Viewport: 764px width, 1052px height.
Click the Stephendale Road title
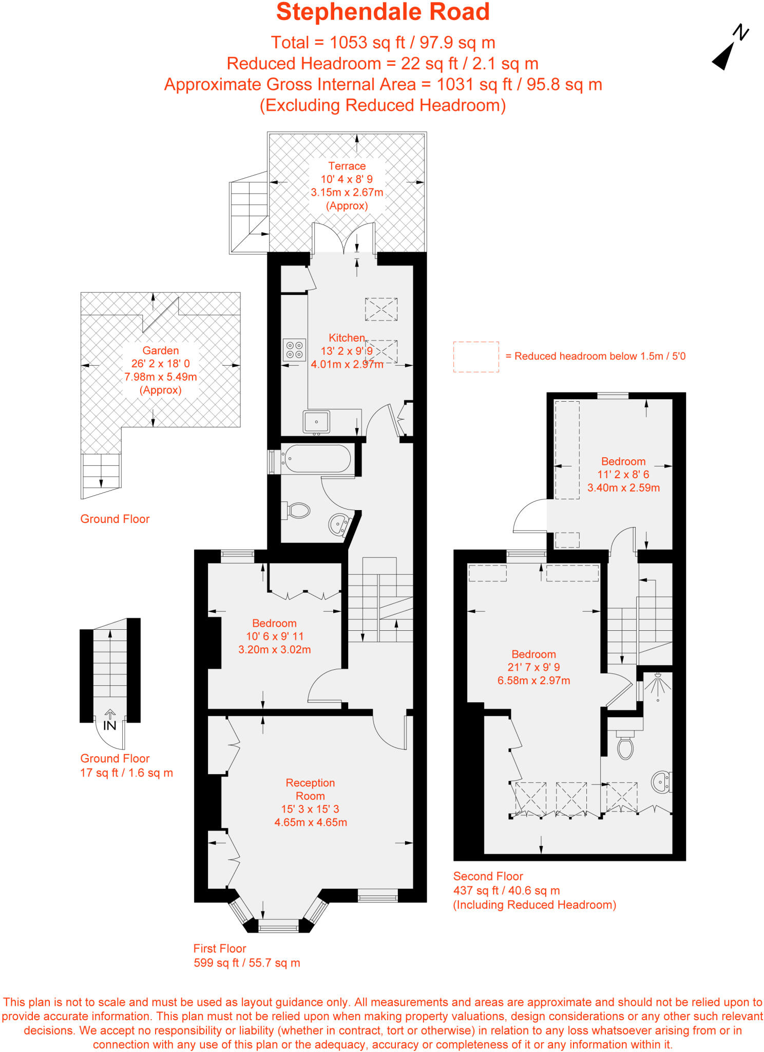(x=383, y=12)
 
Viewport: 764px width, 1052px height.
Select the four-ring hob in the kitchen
(x=294, y=350)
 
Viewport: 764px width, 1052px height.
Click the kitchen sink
(x=316, y=422)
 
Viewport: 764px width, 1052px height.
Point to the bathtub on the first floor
(x=317, y=458)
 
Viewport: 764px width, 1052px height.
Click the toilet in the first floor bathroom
(x=297, y=511)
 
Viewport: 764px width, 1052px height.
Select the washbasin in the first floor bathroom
(x=338, y=524)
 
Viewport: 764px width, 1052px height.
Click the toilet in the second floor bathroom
(x=625, y=748)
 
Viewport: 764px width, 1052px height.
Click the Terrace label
(x=347, y=166)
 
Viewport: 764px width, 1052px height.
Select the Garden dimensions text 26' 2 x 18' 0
(x=160, y=364)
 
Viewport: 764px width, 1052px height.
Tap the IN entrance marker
(x=110, y=725)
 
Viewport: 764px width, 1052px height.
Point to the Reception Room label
(x=310, y=789)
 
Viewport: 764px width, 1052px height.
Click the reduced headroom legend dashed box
(x=475, y=357)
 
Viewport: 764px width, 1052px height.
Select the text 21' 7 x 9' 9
(x=533, y=667)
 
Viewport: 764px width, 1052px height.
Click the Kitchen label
(x=347, y=337)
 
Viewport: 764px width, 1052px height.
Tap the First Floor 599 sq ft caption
(x=246, y=963)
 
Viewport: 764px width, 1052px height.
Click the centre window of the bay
(x=278, y=928)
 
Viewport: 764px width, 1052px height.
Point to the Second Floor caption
(x=488, y=876)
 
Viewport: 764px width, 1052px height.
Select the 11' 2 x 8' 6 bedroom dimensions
(x=623, y=475)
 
